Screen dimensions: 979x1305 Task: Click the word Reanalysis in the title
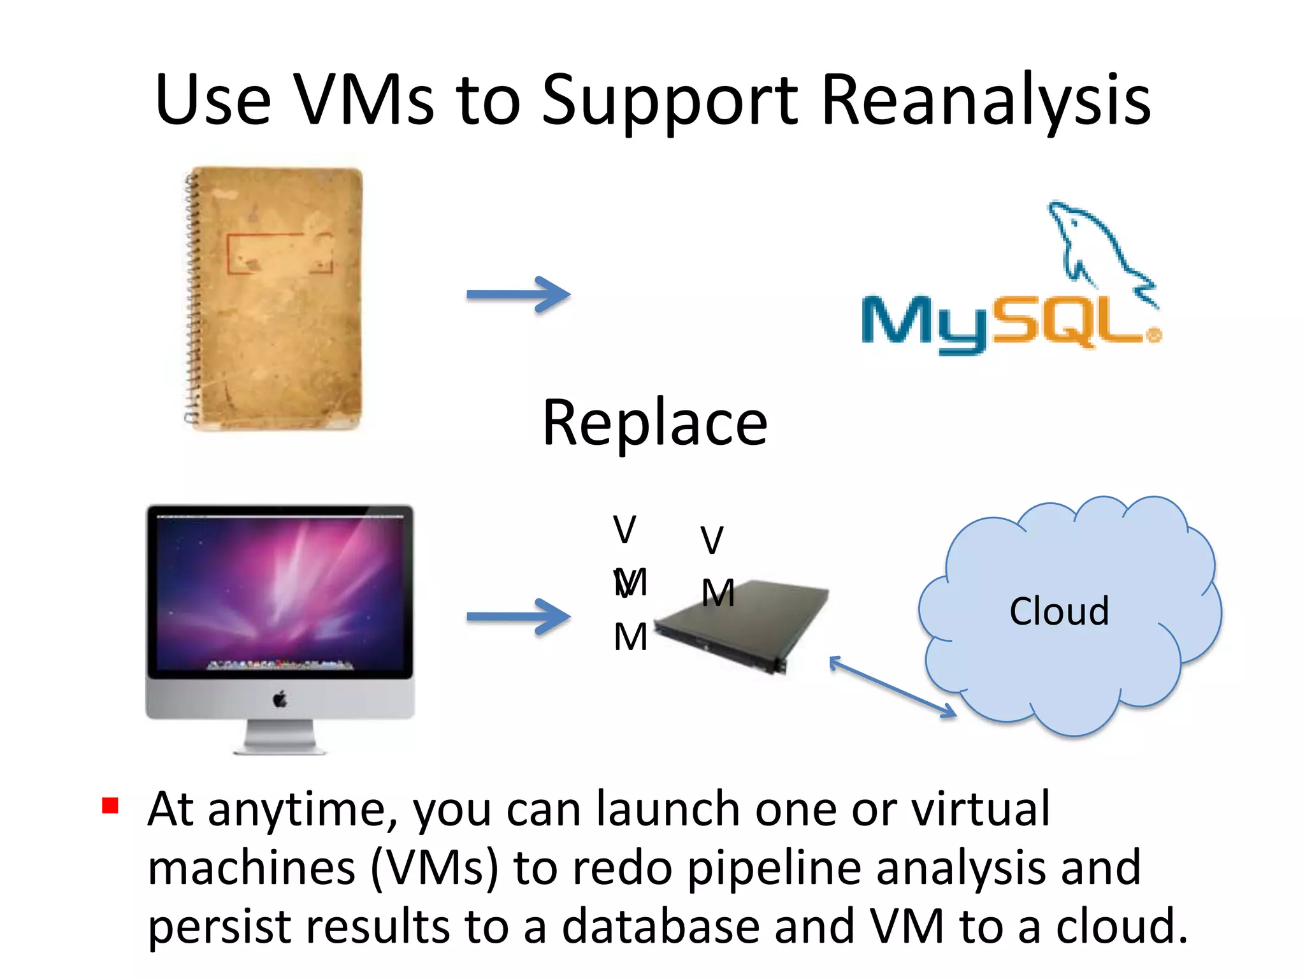coord(986,101)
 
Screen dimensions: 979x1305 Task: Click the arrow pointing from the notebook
coord(517,294)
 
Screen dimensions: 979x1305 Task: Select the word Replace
coord(654,423)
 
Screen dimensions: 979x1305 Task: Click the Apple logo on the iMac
coord(280,699)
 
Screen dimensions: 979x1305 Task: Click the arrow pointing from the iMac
coord(517,616)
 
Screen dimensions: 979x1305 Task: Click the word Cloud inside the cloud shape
coord(1059,611)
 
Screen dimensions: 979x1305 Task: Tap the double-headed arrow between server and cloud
coord(892,687)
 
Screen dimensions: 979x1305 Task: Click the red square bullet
coord(110,806)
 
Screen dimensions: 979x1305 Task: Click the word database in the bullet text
coord(661,927)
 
